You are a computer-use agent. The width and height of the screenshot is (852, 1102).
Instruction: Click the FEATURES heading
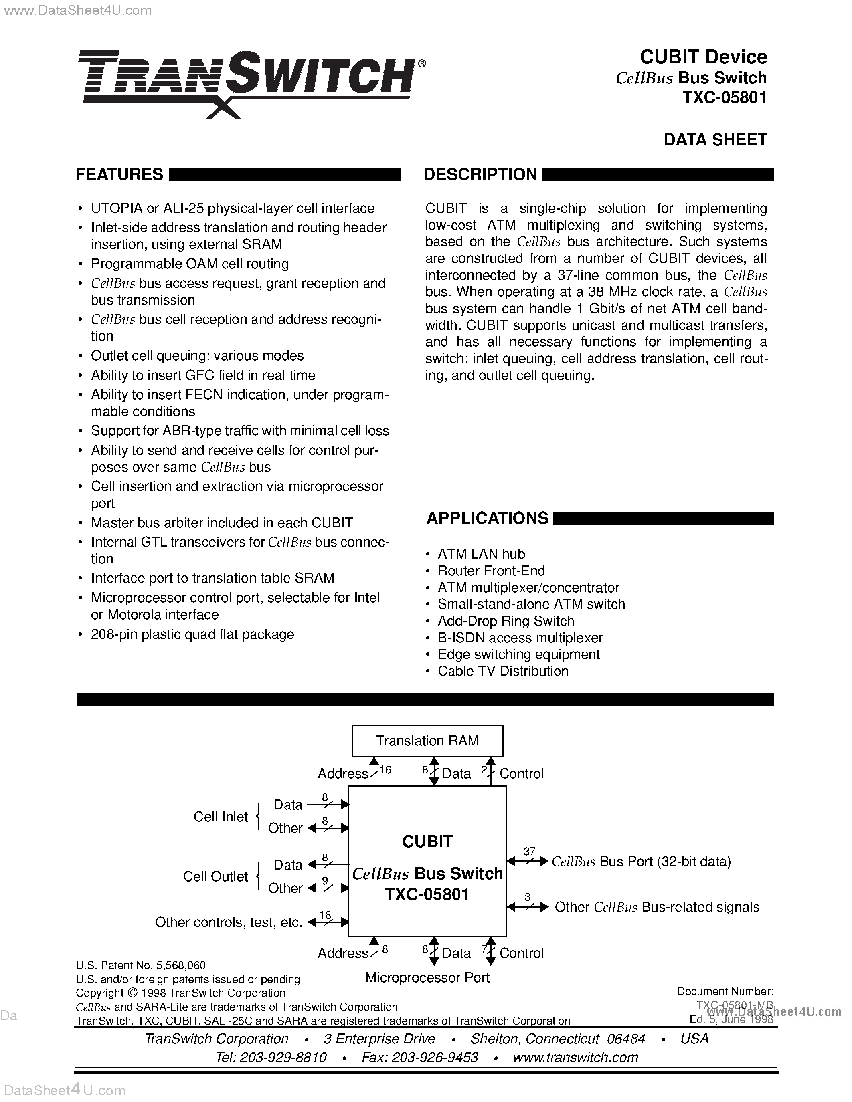(x=119, y=175)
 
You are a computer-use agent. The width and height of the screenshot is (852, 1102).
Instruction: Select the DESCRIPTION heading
(x=480, y=175)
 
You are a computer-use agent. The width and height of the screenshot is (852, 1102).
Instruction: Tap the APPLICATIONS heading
(x=487, y=518)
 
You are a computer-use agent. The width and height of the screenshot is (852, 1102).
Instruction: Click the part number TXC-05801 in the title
(x=725, y=97)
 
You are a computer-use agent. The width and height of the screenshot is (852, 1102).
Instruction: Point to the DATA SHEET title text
(x=715, y=140)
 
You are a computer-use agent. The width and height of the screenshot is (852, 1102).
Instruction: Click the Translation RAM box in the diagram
(x=427, y=741)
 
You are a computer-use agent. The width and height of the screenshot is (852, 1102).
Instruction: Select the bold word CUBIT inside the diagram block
(x=427, y=842)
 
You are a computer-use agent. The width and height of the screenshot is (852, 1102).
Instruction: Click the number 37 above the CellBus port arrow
(x=529, y=852)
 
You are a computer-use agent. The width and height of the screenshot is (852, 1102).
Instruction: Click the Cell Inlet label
(x=221, y=817)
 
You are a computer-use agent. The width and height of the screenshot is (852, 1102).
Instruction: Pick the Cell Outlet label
(x=216, y=876)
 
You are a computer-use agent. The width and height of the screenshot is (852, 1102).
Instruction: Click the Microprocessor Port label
(x=427, y=978)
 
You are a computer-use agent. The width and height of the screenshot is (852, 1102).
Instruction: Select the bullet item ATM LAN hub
(x=481, y=554)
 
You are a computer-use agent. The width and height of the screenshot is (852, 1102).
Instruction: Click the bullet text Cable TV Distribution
(x=503, y=671)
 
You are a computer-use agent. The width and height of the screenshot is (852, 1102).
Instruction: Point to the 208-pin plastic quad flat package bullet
(x=192, y=634)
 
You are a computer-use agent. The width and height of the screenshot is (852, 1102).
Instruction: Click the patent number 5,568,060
(x=181, y=966)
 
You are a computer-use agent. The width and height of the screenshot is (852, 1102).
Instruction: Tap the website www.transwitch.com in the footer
(x=575, y=1058)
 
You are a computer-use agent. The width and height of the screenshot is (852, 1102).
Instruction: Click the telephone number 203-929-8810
(x=283, y=1058)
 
